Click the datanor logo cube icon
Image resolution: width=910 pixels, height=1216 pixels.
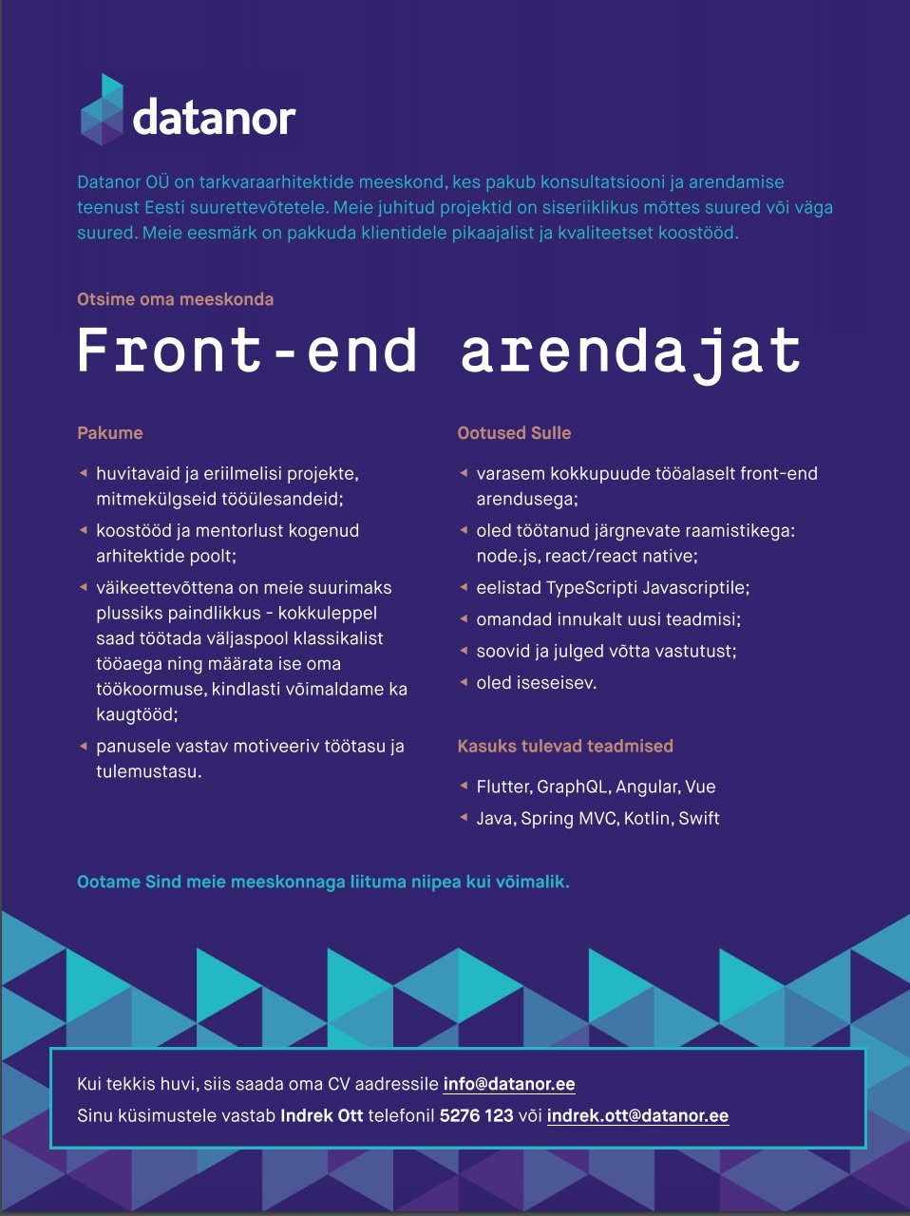tap(102, 109)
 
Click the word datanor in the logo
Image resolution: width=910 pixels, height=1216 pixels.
tap(215, 118)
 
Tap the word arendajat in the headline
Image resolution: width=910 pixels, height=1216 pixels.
tap(631, 351)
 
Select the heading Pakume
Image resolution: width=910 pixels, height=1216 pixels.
tap(110, 432)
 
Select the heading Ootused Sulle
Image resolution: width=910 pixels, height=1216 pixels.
tap(514, 432)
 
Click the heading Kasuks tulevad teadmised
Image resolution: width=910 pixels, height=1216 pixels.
tap(565, 746)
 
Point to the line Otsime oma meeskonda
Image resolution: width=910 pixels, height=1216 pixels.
tap(175, 299)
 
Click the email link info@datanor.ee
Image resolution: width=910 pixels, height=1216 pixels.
tap(509, 1084)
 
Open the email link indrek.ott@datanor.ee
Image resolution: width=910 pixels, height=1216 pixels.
tap(637, 1116)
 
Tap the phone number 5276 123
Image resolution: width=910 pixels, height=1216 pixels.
tap(476, 1116)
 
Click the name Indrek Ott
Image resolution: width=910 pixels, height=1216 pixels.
tap(321, 1116)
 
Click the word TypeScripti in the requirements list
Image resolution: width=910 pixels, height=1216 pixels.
tap(591, 588)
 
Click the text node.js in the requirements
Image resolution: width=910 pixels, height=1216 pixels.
tap(507, 557)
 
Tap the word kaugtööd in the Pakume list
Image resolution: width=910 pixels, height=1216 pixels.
tap(135, 714)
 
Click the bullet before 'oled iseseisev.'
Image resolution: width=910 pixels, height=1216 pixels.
tap(464, 682)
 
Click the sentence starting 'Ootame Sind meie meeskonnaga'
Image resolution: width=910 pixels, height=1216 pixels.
tap(323, 882)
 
